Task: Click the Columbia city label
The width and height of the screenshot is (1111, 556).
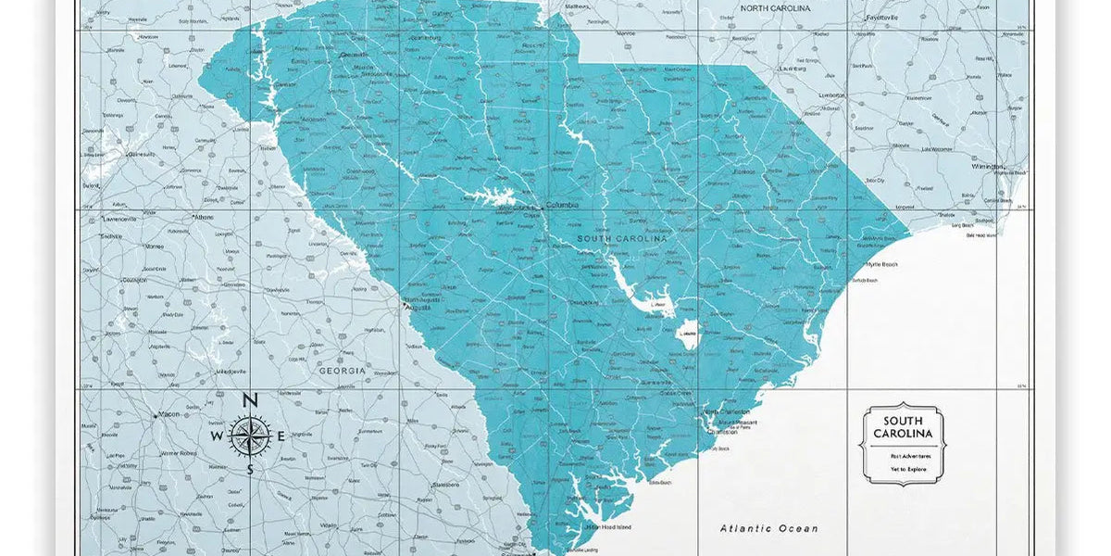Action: point(562,206)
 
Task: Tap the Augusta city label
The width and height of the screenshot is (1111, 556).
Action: point(418,308)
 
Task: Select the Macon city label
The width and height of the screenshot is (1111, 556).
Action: point(169,414)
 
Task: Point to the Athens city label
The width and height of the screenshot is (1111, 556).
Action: point(203,217)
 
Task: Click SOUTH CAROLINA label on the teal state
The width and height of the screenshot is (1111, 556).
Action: point(621,239)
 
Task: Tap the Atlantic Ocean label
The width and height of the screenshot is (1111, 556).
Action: point(769,528)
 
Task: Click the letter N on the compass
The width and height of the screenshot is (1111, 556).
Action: point(249,401)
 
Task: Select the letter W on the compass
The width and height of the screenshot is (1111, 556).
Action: point(217,436)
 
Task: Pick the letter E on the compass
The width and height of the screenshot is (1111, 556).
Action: point(281,436)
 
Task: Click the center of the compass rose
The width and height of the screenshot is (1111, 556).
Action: point(249,436)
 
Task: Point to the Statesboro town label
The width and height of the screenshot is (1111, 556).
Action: point(445,485)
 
